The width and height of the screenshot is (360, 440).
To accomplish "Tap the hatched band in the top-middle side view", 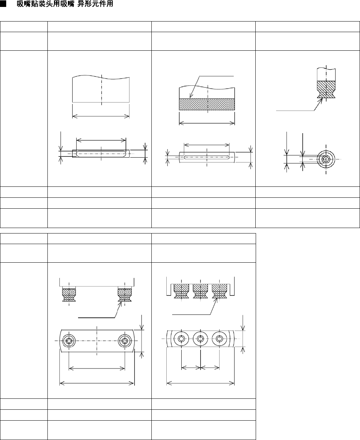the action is pyautogui.click(x=207, y=104).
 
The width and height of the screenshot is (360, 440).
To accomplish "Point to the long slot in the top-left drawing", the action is pyautogui.click(x=101, y=154).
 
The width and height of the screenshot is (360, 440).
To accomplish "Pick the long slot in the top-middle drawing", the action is pyautogui.click(x=207, y=157).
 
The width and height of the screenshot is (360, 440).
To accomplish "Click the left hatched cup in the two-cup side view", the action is pyautogui.click(x=69, y=295).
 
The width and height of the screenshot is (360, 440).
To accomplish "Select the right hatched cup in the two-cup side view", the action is pyautogui.click(x=124, y=295).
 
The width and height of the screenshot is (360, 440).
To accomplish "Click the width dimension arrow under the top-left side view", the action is pyautogui.click(x=101, y=116).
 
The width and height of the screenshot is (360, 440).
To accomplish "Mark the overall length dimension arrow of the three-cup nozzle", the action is pyautogui.click(x=200, y=383).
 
